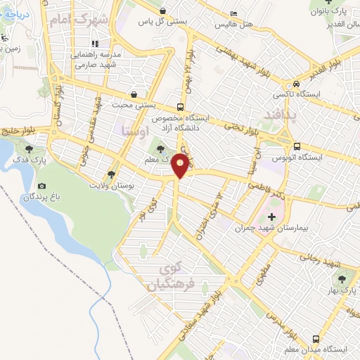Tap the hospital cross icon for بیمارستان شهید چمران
tap(272, 217)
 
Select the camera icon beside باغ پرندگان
tap(41, 186)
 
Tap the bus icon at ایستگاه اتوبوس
tap(297, 147)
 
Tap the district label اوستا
tap(135, 131)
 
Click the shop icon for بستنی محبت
tap(134, 94)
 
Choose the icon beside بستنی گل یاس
tap(163, 11)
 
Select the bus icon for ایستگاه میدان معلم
tap(292, 349)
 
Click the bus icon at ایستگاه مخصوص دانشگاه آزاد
tap(181, 108)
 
